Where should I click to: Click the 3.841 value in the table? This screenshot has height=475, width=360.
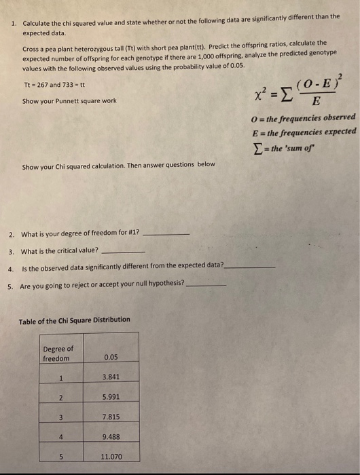click(111, 377)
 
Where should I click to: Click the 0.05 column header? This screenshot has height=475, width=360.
click(111, 356)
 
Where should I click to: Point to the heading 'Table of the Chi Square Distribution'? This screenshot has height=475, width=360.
click(74, 320)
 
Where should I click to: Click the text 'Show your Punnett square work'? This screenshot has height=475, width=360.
click(69, 100)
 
